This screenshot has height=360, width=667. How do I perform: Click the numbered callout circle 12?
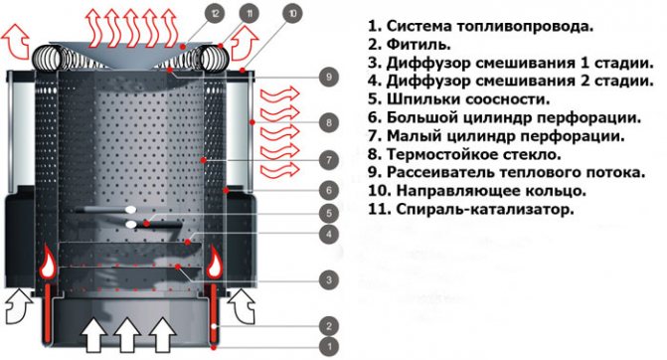[x=215, y=14]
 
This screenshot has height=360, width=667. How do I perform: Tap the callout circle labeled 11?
[x=250, y=14]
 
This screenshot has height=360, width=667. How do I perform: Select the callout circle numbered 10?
[x=292, y=14]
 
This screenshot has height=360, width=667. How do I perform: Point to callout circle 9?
[x=329, y=77]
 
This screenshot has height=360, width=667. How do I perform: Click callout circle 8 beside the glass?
[x=329, y=123]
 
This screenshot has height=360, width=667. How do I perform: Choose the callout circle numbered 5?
[x=329, y=213]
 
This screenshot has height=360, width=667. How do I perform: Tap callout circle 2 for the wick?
[x=329, y=326]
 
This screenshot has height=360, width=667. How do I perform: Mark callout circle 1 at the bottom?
[x=329, y=347]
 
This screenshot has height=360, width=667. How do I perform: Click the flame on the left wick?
[x=48, y=264]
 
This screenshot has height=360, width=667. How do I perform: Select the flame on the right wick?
[x=215, y=263]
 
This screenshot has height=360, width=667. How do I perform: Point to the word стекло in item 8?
[x=534, y=154]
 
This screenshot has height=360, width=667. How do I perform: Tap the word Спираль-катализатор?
[x=484, y=210]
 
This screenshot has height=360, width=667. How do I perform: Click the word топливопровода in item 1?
[x=525, y=27]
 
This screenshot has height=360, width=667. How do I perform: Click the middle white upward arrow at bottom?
[x=128, y=335]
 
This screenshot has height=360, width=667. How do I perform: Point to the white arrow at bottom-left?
[x=18, y=306]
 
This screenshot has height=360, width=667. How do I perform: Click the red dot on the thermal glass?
[x=252, y=122]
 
